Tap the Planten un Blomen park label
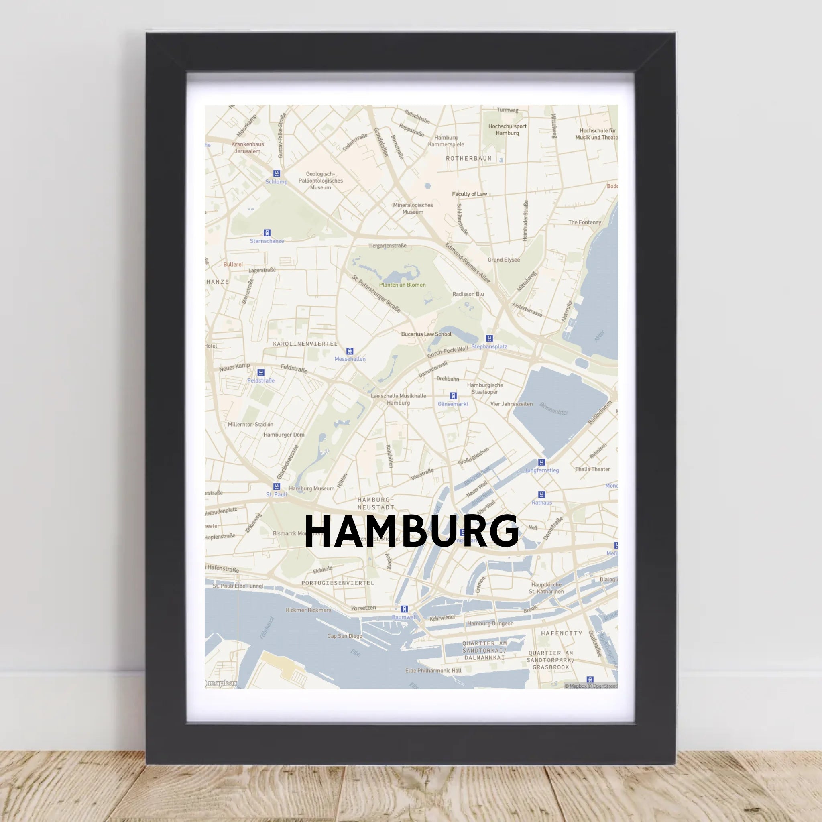click(x=402, y=285)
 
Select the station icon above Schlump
click(x=277, y=173)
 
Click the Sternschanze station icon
click(x=267, y=233)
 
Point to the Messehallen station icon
click(x=350, y=351)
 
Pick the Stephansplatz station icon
click(x=489, y=338)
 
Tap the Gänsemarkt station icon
click(x=453, y=396)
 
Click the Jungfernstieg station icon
click(x=541, y=462)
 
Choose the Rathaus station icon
click(x=541, y=494)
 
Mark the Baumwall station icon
click(x=405, y=609)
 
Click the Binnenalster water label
click(x=553, y=409)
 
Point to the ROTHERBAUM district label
click(x=468, y=158)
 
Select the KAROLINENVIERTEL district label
click(x=305, y=343)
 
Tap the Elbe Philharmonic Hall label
click(x=433, y=671)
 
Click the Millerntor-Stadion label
click(x=250, y=424)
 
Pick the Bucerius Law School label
click(x=426, y=334)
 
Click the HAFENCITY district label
click(x=562, y=633)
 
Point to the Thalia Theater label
click(x=592, y=469)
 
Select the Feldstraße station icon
click(x=261, y=372)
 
